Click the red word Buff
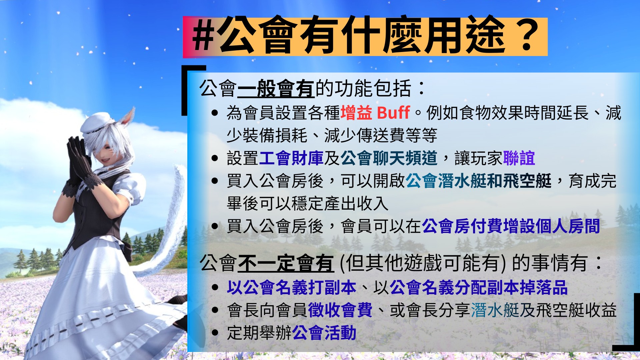click(x=393, y=113)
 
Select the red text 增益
click(x=356, y=113)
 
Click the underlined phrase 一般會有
click(x=276, y=89)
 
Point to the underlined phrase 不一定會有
click(x=286, y=263)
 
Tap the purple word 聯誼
click(x=519, y=158)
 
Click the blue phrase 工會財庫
click(x=291, y=158)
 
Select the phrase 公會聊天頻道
click(x=389, y=158)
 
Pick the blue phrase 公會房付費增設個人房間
click(x=511, y=226)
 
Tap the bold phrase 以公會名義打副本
click(x=292, y=287)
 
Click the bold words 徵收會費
click(x=340, y=310)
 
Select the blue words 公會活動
click(x=324, y=333)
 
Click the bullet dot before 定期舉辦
click(x=215, y=333)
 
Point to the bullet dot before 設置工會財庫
click(x=215, y=158)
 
